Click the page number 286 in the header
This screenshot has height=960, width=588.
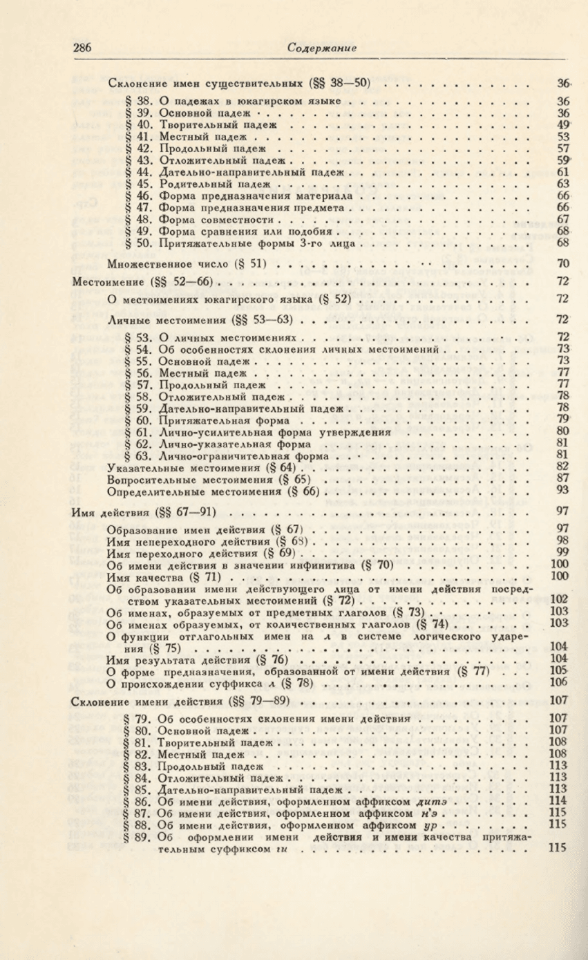tap(82, 48)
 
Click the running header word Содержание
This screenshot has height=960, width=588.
tap(321, 48)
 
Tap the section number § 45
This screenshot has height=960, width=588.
tap(138, 184)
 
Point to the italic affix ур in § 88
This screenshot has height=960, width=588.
tap(435, 825)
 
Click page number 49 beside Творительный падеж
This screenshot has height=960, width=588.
tap(563, 125)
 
